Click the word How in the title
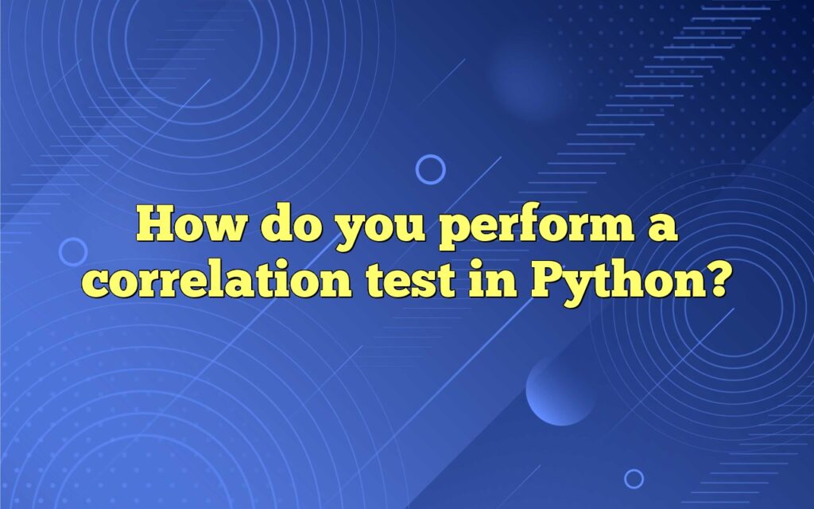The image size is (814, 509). click(x=190, y=224)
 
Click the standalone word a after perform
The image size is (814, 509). click(x=663, y=228)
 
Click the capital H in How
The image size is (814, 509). click(x=157, y=224)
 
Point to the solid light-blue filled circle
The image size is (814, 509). click(x=560, y=390)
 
